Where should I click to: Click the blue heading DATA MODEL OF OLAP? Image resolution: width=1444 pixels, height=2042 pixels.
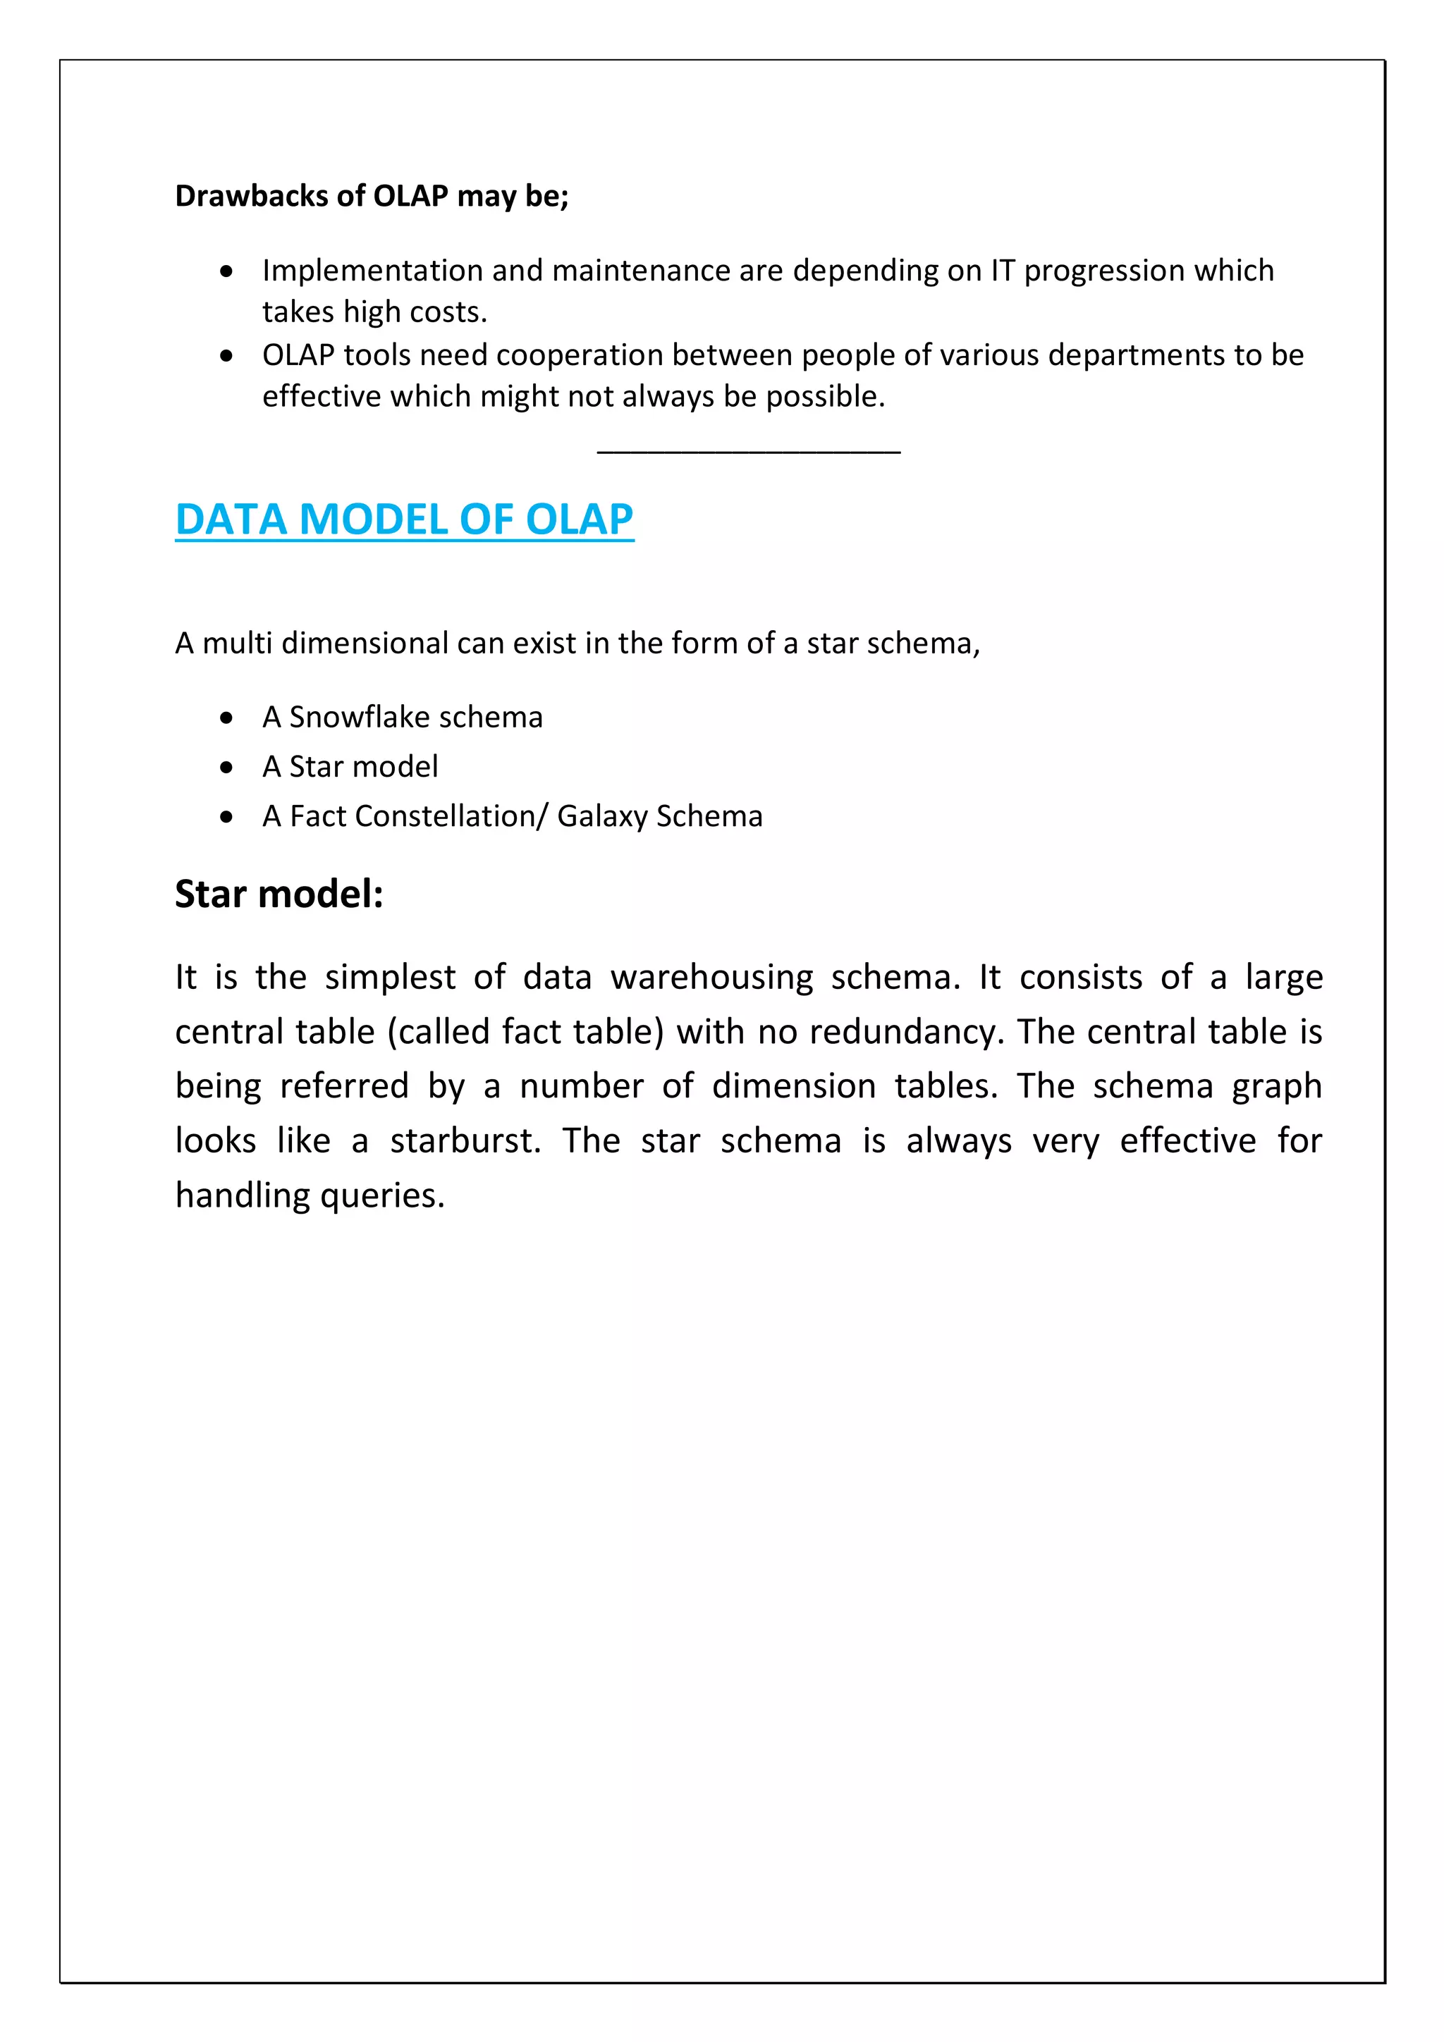pos(404,519)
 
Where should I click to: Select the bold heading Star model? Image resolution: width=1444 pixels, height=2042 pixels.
pos(279,894)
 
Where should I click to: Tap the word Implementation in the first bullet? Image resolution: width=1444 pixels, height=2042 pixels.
pos(372,271)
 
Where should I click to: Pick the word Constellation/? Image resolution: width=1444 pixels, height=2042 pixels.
pos(451,816)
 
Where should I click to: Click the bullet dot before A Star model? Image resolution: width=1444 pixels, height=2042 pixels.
pos(227,767)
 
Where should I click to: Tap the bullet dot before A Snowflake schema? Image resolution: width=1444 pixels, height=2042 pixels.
pos(227,717)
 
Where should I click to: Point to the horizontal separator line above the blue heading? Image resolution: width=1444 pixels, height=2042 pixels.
pos(748,453)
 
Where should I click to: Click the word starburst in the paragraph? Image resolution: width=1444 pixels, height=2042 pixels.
pos(465,1141)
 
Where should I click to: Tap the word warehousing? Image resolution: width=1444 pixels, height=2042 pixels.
pos(711,978)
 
